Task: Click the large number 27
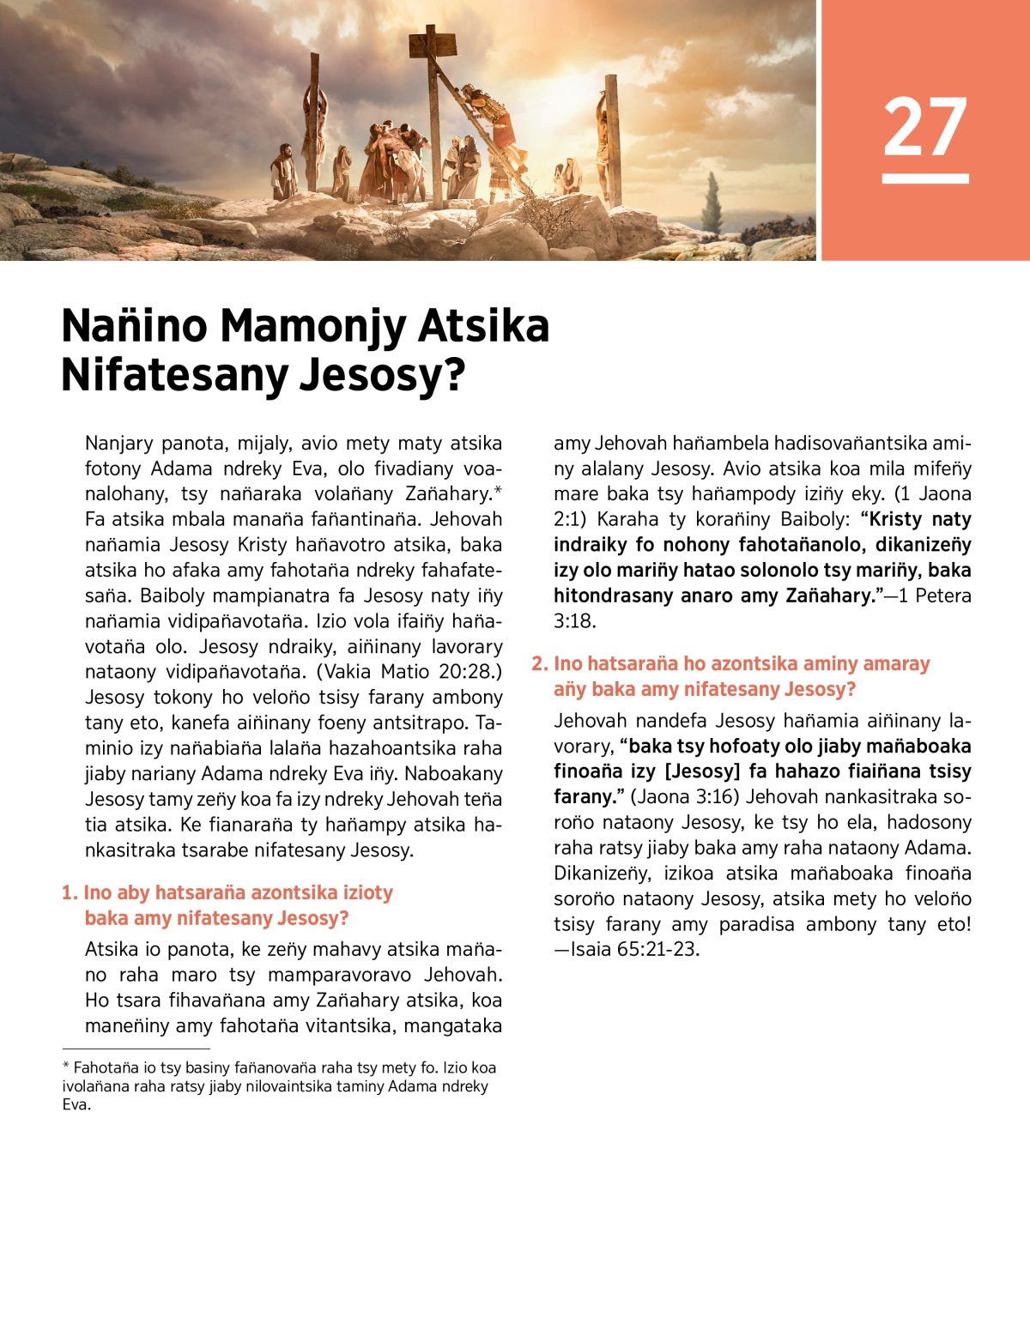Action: coord(925,127)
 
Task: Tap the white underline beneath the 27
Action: coord(925,178)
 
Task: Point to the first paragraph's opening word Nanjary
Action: coord(118,444)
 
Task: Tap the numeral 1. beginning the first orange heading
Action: coord(70,893)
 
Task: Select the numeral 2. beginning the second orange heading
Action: coord(539,664)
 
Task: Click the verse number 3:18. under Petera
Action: coord(574,621)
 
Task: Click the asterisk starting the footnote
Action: coord(65,1067)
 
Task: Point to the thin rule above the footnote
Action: coord(136,1049)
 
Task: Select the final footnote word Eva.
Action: coord(76,1105)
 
